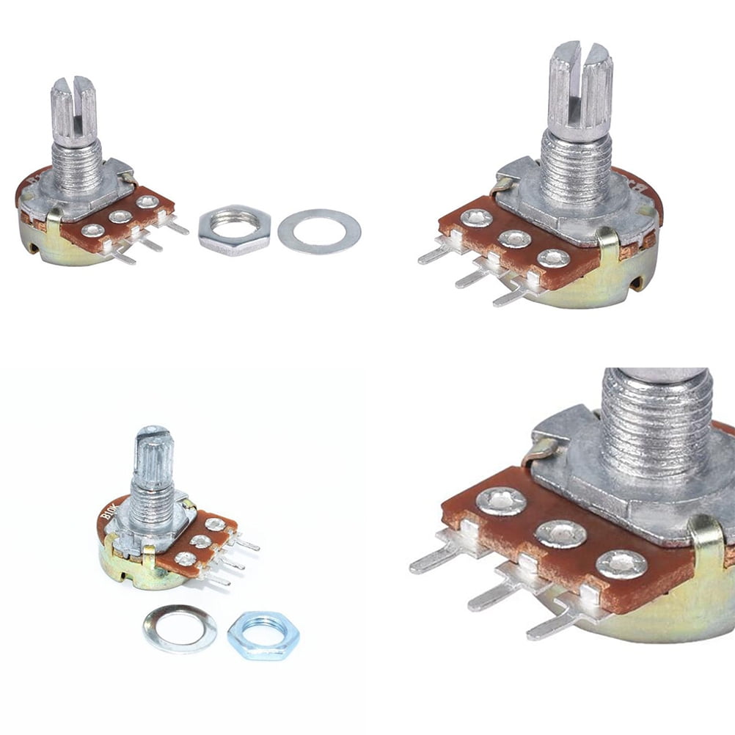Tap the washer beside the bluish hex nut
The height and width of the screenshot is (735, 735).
pos(180,629)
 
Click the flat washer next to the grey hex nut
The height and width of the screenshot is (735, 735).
pos(319,231)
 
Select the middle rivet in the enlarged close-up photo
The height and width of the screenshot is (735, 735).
pos(560,533)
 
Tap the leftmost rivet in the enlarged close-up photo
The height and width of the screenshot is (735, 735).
pos(501,501)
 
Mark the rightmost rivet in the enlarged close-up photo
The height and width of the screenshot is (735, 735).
pos(621,564)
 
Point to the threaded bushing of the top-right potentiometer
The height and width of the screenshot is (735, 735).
pos(577,168)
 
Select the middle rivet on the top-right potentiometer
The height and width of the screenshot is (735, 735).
pos(515,238)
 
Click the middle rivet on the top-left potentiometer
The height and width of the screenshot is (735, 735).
pos(120,216)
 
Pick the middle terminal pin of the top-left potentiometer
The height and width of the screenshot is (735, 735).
pos(150,243)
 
